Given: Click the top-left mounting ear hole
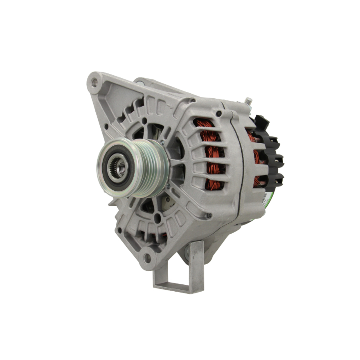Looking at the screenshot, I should click(x=94, y=82).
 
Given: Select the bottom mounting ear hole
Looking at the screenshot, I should click(x=147, y=258).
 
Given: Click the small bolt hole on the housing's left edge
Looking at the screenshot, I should click(x=107, y=126).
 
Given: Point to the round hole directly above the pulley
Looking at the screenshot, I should click(x=144, y=121).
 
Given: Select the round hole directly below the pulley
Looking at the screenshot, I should click(x=157, y=217).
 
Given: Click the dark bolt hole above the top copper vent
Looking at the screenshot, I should click(x=219, y=114).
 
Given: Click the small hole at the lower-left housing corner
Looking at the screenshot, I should click(x=120, y=230).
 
